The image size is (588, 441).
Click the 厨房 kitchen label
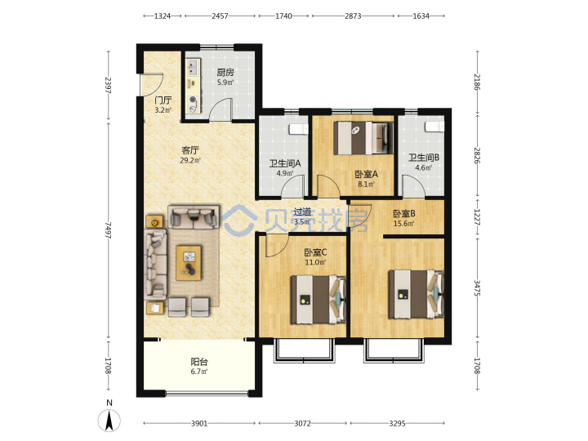click(225, 72)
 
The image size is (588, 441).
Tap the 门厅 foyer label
click(163, 100)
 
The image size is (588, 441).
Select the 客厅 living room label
click(190, 150)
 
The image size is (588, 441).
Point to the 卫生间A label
click(285, 163)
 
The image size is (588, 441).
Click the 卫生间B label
click(424, 158)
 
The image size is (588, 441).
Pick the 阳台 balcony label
click(199, 362)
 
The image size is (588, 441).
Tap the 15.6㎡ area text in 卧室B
click(404, 224)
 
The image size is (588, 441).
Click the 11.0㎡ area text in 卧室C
click(315, 262)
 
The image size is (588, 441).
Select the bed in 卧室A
click(363, 138)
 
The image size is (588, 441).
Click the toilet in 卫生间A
click(299, 129)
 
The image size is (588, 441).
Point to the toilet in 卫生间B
click(434, 127)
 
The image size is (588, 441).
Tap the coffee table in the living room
click(189, 263)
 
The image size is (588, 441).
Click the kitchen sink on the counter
click(192, 68)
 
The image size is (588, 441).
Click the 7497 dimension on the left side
click(108, 230)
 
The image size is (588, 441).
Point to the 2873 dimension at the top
click(353, 16)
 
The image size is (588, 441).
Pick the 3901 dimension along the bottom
click(199, 423)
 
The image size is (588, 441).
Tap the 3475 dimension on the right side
click(477, 288)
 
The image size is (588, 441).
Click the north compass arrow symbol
click(109, 421)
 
